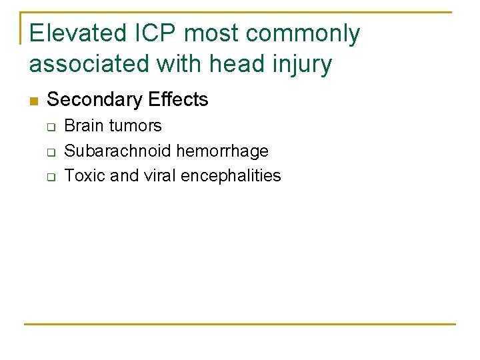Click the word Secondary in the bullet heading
tap(95, 100)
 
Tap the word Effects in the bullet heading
tap(179, 100)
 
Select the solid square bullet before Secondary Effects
tap(34, 101)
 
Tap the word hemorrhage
tap(223, 151)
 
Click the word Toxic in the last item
tap(81, 176)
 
